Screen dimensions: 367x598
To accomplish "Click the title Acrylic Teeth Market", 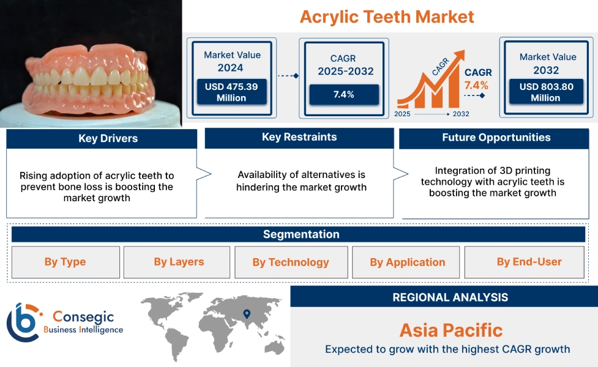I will tap(387, 17).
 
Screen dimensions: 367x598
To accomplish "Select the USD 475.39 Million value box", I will tap(231, 92).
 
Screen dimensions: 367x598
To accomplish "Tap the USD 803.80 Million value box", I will tap(546, 92).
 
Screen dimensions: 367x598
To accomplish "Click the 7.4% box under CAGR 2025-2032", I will tap(343, 95).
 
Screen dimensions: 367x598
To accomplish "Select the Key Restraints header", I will tap(299, 137).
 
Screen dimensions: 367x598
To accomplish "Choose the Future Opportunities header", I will tap(496, 138).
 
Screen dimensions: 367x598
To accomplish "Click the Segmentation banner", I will tap(301, 234).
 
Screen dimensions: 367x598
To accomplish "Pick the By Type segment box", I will tap(65, 262).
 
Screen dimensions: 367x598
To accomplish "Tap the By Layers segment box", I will tap(178, 262).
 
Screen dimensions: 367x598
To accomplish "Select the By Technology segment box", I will tap(291, 262).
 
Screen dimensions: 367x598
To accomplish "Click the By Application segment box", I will tap(407, 262).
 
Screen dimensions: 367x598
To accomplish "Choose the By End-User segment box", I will tap(528, 262).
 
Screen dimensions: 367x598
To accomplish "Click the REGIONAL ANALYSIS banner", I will tap(450, 297).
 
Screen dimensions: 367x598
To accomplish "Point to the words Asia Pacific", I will tap(450, 331).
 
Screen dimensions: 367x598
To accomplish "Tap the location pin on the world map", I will tap(247, 314).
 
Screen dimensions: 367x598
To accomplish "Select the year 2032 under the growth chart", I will tap(461, 114).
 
